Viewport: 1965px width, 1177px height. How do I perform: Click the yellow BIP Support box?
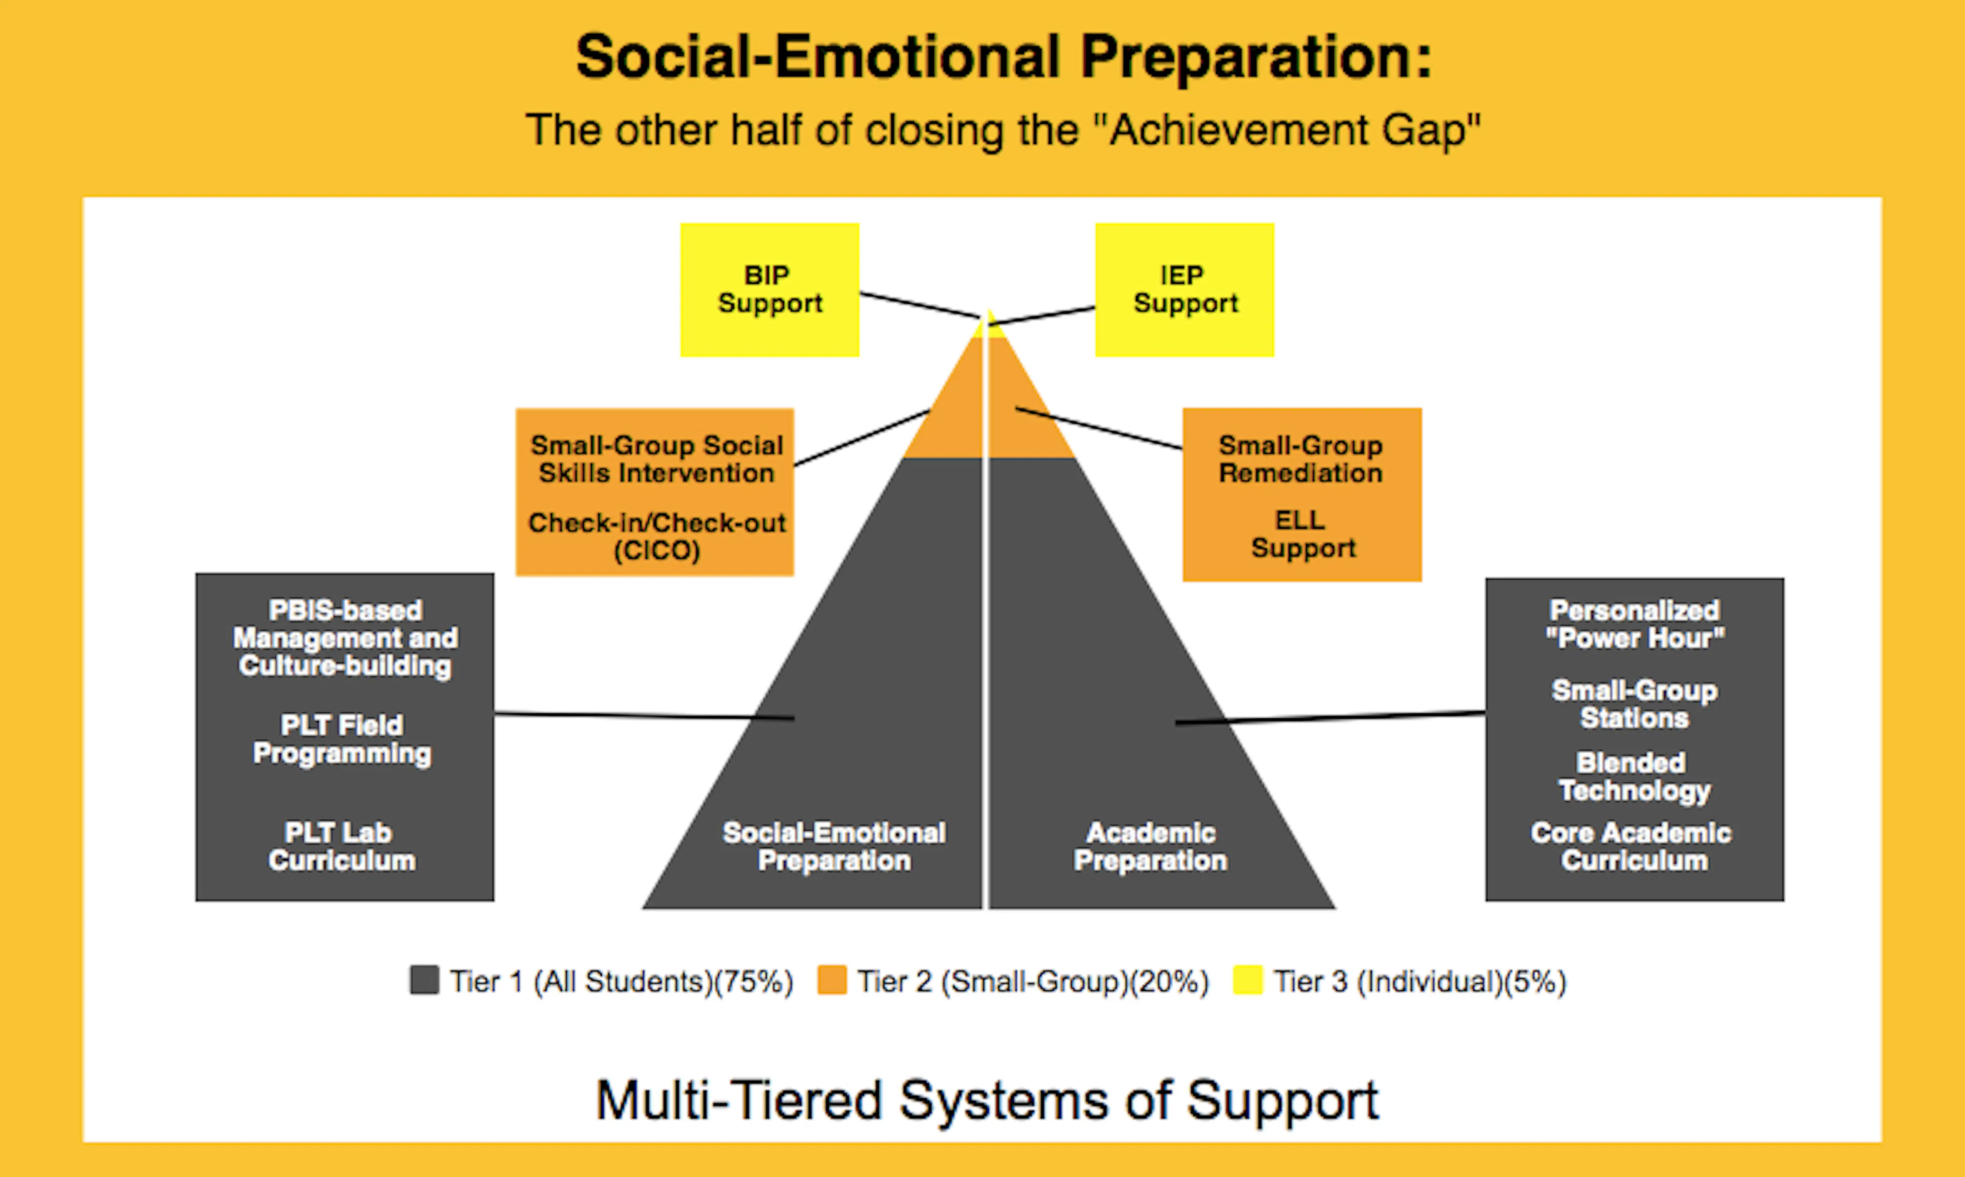point(770,290)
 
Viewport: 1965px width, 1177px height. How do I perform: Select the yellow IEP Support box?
point(1184,290)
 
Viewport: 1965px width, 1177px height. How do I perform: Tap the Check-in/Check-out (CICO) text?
point(657,536)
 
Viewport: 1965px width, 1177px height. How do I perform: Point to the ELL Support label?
point(1302,534)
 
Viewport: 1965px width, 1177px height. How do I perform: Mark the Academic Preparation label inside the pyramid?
point(1150,846)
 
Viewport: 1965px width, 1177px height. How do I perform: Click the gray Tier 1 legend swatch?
point(424,980)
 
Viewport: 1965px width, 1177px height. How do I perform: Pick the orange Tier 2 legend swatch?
point(831,980)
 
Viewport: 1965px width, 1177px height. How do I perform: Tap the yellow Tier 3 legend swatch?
point(1247,980)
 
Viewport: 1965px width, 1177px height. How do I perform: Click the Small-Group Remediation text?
point(1301,459)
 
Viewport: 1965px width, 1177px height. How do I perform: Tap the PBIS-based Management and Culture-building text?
point(345,638)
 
